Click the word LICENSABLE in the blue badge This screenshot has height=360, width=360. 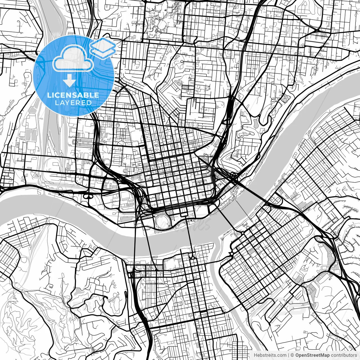(73, 95)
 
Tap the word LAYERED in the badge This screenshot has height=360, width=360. (73, 103)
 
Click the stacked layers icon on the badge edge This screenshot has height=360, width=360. (103, 48)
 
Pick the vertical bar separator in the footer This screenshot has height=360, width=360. (289, 355)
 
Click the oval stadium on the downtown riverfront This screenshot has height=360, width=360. (162, 220)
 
